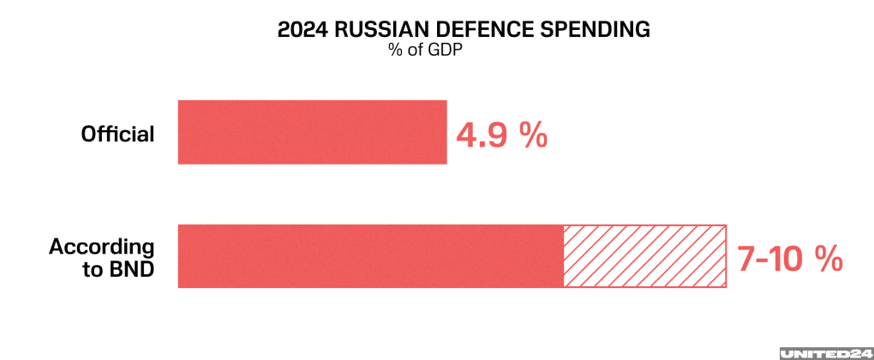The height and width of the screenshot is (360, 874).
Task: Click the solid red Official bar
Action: (x=312, y=132)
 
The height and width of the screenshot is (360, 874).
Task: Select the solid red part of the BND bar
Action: (x=370, y=256)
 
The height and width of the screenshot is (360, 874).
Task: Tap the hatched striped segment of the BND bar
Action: (x=644, y=256)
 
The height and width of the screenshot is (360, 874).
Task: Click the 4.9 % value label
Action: (x=501, y=135)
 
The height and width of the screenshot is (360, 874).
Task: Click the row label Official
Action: (x=117, y=135)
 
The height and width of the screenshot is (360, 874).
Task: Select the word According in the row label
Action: (x=102, y=247)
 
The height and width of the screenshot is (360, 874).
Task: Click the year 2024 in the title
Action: (x=300, y=30)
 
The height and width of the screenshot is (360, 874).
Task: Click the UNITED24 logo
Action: (x=823, y=352)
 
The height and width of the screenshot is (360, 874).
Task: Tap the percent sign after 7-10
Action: (x=829, y=260)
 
